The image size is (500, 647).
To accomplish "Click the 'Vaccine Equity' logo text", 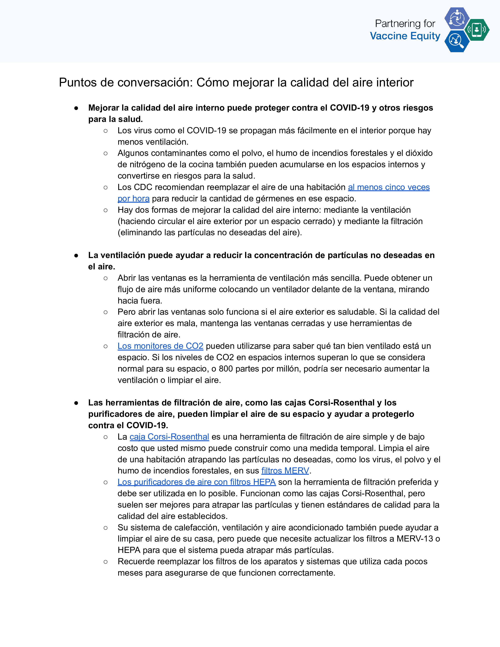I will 405,36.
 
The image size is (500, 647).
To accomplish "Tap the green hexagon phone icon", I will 477,30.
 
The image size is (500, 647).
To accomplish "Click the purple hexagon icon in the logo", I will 457,18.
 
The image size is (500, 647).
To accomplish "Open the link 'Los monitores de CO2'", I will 160,346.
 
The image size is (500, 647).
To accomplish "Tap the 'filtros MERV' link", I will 285,471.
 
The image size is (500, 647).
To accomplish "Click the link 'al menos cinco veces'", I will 389,187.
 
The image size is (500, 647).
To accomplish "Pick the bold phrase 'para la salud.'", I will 115,119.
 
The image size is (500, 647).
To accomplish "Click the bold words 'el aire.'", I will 102,267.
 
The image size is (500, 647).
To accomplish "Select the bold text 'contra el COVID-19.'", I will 128,425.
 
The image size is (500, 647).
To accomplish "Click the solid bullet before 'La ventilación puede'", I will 76,255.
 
